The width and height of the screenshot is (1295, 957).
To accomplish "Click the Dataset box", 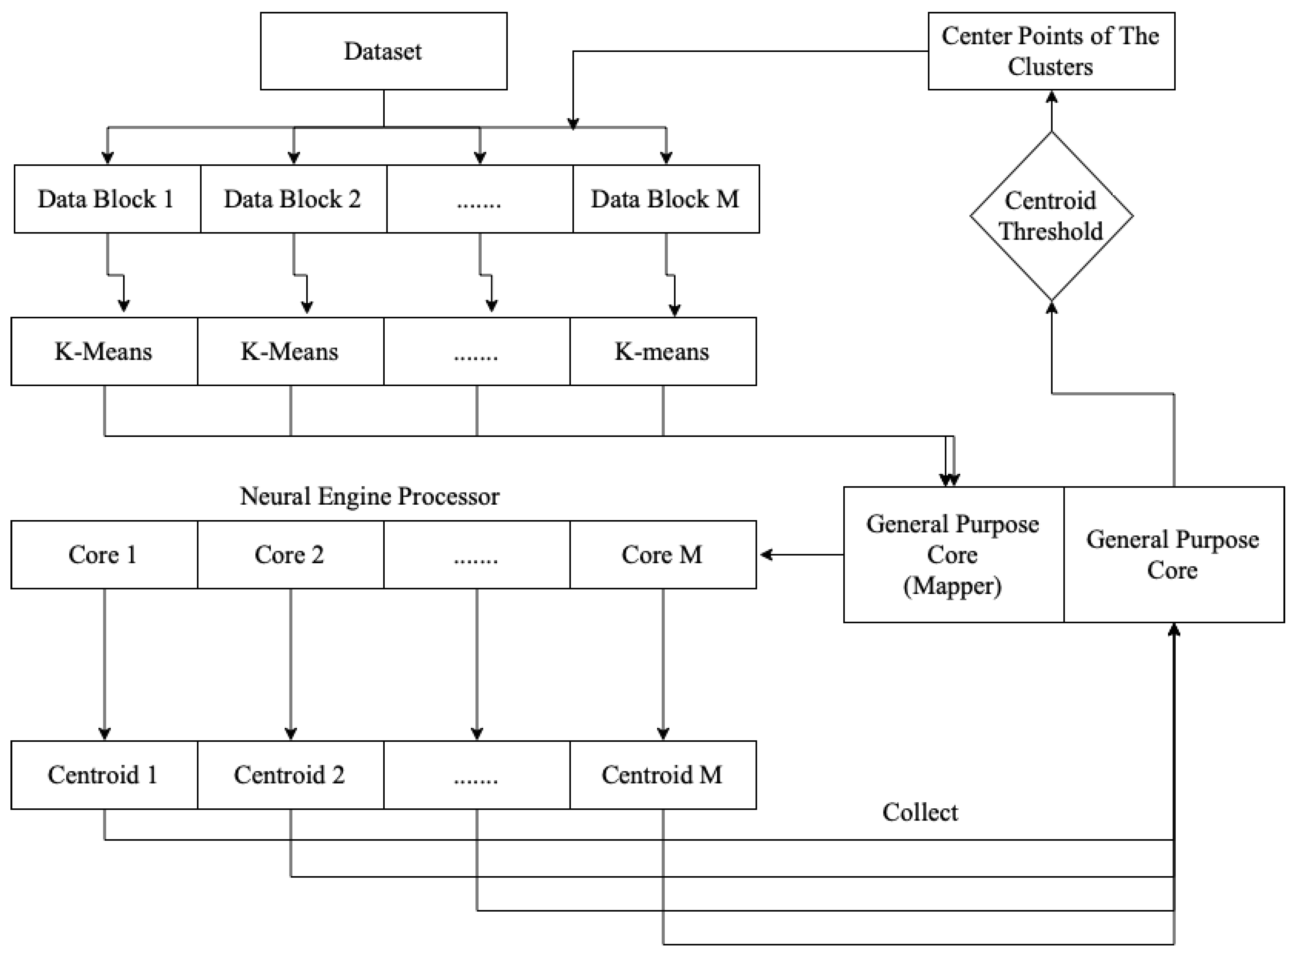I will [383, 51].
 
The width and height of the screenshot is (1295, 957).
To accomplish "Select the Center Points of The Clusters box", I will [1051, 51].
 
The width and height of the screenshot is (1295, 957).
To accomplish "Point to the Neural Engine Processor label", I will [369, 496].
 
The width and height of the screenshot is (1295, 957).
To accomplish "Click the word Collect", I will [920, 812].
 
